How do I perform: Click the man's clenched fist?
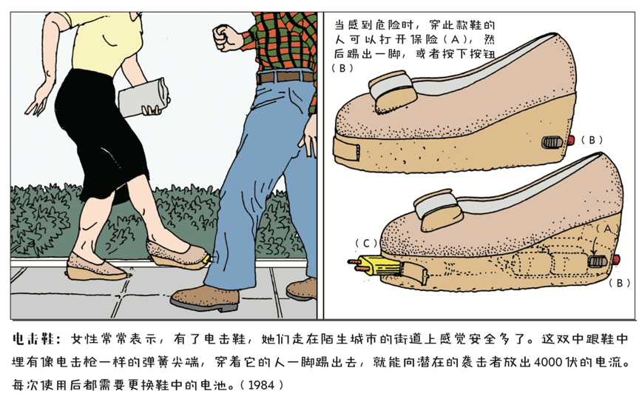pos(226,38)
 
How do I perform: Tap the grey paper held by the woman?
pos(143,97)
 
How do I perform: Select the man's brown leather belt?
pos(285,77)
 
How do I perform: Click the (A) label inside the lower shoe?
pos(607,229)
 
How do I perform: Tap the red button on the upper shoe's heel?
pos(570,141)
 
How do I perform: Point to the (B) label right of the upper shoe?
pos(592,140)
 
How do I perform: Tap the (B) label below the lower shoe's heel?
pos(619,283)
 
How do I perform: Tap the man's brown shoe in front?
pos(205,298)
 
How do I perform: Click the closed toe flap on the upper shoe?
pos(347,150)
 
